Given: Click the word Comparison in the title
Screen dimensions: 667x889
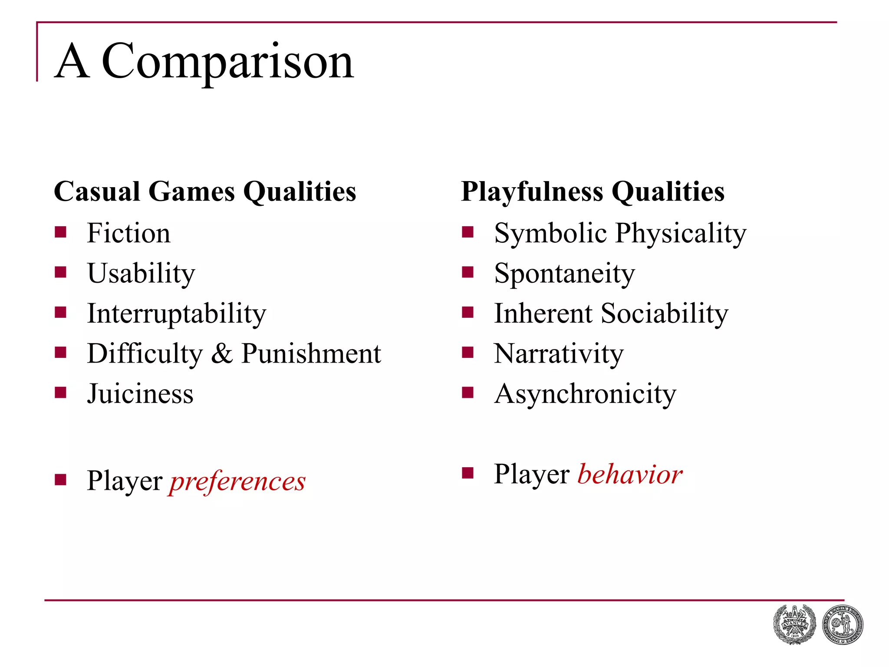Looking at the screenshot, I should coord(227,62).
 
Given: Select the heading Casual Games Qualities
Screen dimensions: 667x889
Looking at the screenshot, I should coord(205,192).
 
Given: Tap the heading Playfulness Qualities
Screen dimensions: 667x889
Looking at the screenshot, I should coord(593,192).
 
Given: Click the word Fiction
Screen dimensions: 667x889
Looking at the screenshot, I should coord(128,233).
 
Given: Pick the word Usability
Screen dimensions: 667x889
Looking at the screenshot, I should coord(141,274).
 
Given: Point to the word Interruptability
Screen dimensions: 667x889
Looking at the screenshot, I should coord(176,314).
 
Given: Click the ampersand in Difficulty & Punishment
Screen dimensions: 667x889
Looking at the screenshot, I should coord(222,353).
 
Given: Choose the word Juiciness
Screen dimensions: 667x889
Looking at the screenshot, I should coord(140,394).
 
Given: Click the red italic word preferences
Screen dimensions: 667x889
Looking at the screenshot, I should coord(237,481).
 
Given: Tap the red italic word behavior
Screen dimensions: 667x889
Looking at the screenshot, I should coord(630,474).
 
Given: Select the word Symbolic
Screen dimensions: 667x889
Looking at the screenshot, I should coord(550,233).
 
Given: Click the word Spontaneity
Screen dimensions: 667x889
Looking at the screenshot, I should coord(564,274).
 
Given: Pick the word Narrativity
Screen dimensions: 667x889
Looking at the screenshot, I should coord(559,353).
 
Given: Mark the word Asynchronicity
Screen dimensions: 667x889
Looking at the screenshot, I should coord(585,394).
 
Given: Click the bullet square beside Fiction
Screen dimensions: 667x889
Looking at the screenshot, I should coord(60,232).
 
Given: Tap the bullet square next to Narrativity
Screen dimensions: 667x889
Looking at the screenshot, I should coord(468,352).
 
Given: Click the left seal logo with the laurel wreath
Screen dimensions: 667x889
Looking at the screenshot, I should coord(794,624).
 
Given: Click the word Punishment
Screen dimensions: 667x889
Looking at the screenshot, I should coord(311,353).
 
